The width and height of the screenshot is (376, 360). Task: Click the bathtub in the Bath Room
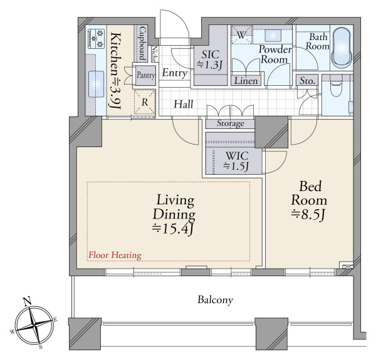click(x=342, y=47)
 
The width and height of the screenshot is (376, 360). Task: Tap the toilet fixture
click(x=335, y=86)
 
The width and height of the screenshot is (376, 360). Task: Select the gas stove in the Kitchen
click(x=97, y=38)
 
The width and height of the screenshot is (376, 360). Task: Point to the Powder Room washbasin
click(x=273, y=36)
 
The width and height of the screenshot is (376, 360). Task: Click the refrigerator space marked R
click(x=145, y=102)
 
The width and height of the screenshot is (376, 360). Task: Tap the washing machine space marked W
click(x=241, y=35)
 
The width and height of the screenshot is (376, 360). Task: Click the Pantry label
click(x=146, y=75)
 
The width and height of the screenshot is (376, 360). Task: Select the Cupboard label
click(x=142, y=43)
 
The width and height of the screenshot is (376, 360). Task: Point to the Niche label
click(x=155, y=54)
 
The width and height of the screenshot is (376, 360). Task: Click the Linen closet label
click(x=246, y=81)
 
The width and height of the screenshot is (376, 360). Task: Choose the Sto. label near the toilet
click(x=307, y=81)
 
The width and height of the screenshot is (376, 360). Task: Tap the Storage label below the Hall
click(x=230, y=123)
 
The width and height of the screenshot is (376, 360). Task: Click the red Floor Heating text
click(x=115, y=255)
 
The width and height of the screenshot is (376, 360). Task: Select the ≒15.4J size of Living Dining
click(x=173, y=229)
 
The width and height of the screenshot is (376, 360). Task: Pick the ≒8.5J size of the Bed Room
click(x=308, y=215)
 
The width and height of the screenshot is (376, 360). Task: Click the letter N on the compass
click(x=27, y=301)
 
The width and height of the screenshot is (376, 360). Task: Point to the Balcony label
click(x=215, y=300)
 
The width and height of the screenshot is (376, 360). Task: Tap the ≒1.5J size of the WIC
click(x=236, y=166)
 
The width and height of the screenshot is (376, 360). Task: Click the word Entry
click(x=175, y=73)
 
